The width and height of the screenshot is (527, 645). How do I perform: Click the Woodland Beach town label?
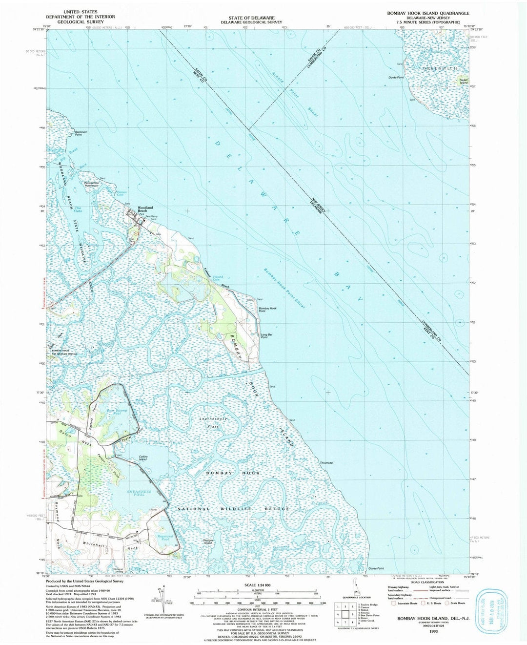(144, 209)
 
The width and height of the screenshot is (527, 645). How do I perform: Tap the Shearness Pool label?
(139, 493)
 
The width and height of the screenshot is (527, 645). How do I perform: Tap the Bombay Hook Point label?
(267, 310)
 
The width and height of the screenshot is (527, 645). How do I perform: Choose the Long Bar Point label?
(265, 336)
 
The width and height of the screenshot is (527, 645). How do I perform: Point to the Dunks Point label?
(396, 77)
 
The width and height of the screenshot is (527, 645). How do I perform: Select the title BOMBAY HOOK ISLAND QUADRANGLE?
(427, 13)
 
